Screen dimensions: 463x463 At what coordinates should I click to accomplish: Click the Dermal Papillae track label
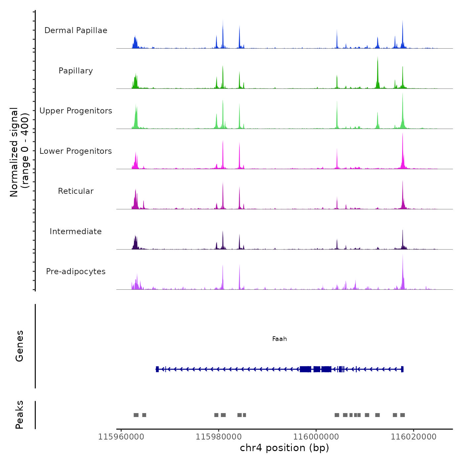click(x=76, y=30)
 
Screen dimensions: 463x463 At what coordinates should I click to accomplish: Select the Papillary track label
click(x=76, y=71)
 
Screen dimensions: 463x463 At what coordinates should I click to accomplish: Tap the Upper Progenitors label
click(x=76, y=111)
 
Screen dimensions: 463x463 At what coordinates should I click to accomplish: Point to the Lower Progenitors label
click(x=76, y=151)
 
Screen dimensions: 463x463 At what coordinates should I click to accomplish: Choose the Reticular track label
click(x=76, y=191)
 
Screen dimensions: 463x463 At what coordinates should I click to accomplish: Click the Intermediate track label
click(x=76, y=232)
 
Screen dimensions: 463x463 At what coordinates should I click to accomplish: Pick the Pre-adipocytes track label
click(x=76, y=272)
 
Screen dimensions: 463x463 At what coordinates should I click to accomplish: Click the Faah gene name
click(x=279, y=339)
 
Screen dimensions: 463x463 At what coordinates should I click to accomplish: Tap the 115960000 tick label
click(x=121, y=437)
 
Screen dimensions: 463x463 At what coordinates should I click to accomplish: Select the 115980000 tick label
click(x=219, y=437)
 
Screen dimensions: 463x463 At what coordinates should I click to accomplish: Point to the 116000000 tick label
click(x=316, y=437)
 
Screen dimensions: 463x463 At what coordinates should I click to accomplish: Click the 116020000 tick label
click(x=414, y=437)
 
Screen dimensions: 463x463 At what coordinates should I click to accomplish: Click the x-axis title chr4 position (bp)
click(x=284, y=448)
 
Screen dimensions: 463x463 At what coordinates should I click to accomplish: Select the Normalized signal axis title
click(x=19, y=152)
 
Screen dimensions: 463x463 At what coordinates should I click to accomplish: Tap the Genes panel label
click(x=19, y=346)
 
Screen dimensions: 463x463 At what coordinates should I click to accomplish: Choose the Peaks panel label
click(x=19, y=415)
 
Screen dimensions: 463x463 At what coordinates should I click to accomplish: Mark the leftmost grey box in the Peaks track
click(x=136, y=415)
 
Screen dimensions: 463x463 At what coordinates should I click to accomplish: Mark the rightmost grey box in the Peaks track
click(x=402, y=415)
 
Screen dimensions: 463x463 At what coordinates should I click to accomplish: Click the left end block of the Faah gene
click(x=157, y=369)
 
